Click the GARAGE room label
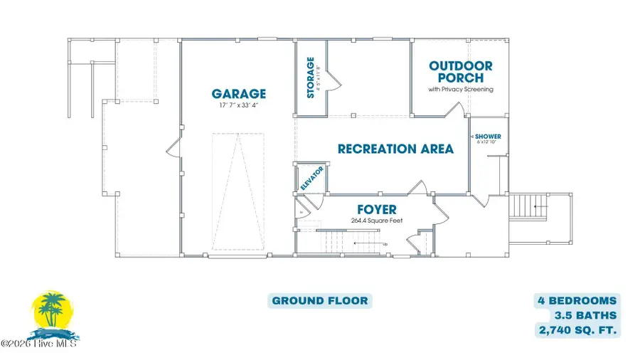point(238,93)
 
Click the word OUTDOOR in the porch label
point(460,66)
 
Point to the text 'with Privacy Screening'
point(460,90)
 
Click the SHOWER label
point(489,136)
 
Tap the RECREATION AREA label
point(395,149)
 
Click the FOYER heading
point(377,210)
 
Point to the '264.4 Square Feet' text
point(377,221)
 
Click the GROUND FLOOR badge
point(320,300)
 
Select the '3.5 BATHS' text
point(586,315)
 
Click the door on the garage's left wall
point(171,149)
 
